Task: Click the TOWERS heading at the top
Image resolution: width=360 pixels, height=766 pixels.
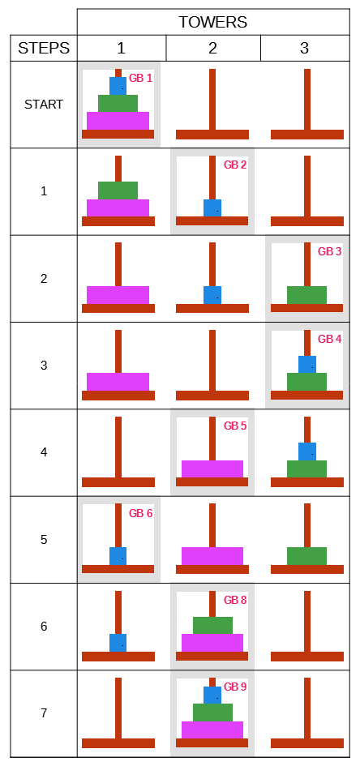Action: [212, 22]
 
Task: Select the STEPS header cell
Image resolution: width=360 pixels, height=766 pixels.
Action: [44, 48]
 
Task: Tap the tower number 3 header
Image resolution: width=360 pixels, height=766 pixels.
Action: [304, 48]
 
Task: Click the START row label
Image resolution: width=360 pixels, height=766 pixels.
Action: [44, 104]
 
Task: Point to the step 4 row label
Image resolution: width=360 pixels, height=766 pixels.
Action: [44, 452]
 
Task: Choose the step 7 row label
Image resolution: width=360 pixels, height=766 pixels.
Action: [44, 713]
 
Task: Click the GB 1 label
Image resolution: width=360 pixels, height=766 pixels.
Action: [141, 78]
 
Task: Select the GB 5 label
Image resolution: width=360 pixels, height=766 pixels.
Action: [235, 426]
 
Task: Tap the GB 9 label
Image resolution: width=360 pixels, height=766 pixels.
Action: [235, 687]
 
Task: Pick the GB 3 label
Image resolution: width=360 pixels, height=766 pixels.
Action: [330, 251]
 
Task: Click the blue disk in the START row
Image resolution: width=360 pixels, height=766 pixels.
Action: [118, 86]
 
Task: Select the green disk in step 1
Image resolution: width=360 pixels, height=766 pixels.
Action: [118, 190]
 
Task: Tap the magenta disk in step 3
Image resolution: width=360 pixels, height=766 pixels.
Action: [118, 382]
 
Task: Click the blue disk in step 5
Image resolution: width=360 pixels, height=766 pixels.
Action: [118, 556]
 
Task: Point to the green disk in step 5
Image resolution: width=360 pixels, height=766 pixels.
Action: [306, 556]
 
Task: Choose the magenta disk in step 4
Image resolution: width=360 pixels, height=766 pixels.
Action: [212, 469]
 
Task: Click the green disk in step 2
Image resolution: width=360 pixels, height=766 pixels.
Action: [306, 295]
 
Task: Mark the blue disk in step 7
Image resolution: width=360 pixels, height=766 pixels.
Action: [212, 695]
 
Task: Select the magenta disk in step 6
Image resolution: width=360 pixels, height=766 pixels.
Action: [212, 643]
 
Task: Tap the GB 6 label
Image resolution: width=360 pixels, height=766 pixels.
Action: [141, 513]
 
